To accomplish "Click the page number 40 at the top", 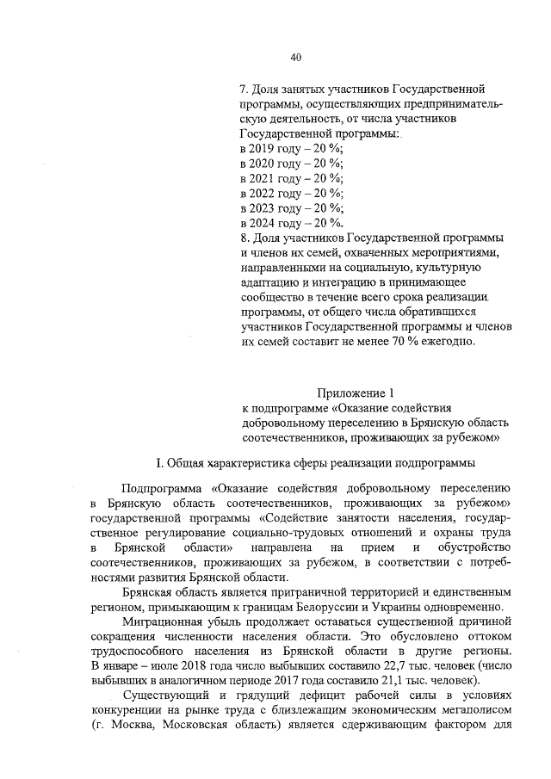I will tap(295, 58).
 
